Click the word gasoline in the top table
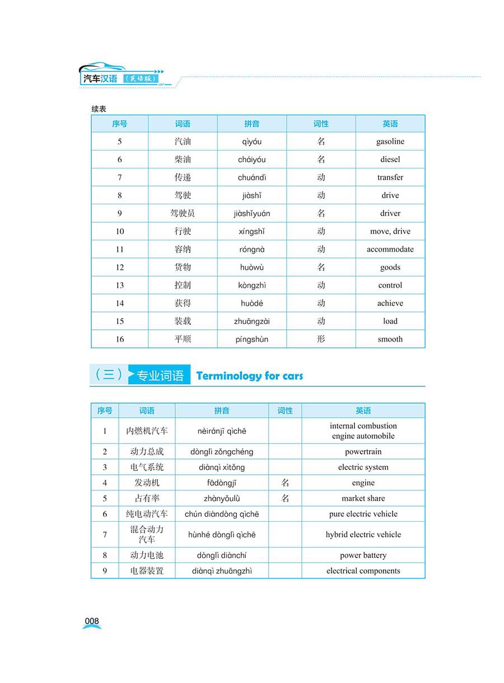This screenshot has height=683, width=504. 390,142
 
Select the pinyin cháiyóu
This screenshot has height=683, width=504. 251,160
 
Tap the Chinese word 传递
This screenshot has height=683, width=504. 183,177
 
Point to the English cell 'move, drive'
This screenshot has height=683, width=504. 390,231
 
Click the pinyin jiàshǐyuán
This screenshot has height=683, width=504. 251,213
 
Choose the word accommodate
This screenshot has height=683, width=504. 390,249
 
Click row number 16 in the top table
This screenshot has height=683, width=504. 120,339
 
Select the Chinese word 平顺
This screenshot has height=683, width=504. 183,339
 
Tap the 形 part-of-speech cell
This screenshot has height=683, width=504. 321,339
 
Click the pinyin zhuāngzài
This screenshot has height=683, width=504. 251,321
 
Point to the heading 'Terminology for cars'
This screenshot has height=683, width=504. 249,376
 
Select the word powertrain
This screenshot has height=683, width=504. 363,452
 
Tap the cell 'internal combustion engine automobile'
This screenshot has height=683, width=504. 363,431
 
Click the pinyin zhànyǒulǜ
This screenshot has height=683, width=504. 222,498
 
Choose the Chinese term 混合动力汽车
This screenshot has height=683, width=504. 147,535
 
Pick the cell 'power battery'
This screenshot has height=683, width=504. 363,555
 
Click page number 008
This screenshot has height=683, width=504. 92,621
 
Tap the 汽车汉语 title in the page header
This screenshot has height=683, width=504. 100,78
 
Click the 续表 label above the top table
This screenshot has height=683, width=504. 99,109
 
